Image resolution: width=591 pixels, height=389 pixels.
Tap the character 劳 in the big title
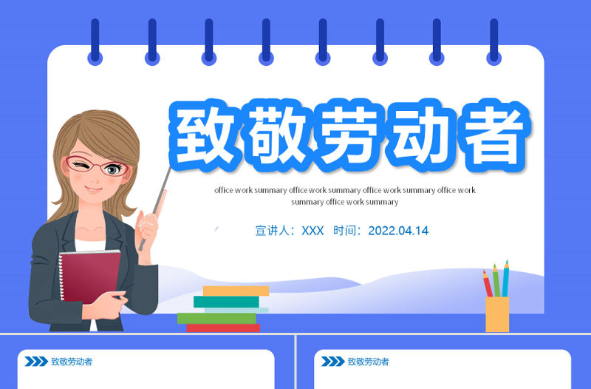tap(348, 135)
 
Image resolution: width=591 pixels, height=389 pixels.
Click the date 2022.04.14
tap(398, 231)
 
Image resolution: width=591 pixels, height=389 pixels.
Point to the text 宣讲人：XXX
tap(290, 231)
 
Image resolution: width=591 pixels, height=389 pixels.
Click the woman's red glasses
tap(96, 167)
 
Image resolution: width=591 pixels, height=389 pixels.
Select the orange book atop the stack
tap(236, 291)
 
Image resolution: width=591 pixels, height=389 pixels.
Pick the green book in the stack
tap(216, 318)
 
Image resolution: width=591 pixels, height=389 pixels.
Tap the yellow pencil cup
tap(497, 314)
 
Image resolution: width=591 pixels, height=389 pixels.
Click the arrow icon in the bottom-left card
tap(35, 362)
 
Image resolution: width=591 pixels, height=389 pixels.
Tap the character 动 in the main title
tap(419, 135)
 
